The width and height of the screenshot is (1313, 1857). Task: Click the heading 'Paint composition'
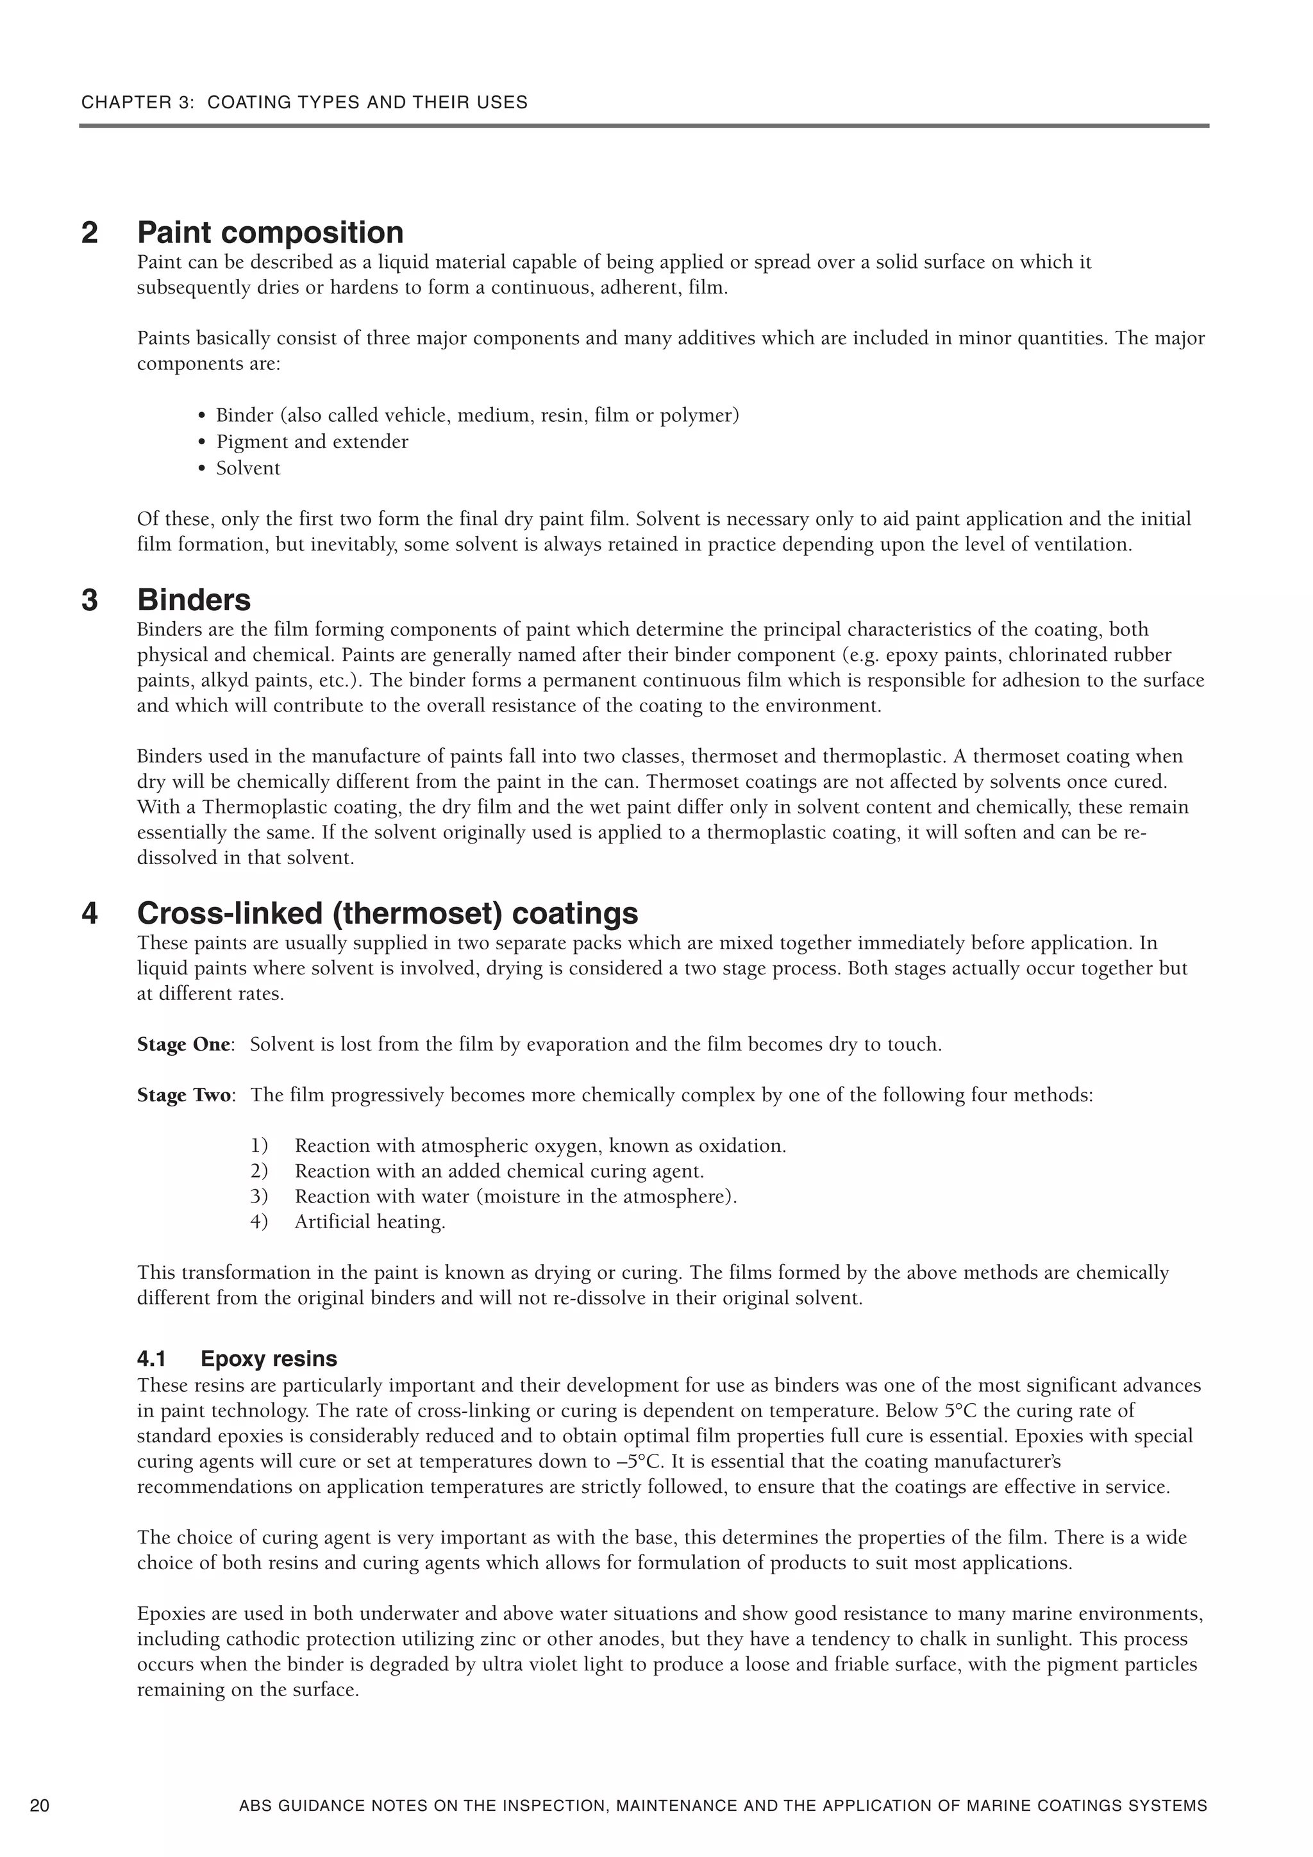[270, 233]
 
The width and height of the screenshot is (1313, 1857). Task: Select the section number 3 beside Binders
[90, 600]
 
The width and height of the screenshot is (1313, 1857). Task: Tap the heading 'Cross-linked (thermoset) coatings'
[387, 913]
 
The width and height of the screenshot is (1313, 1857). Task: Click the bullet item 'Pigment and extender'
[312, 442]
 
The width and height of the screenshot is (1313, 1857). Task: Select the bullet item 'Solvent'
[247, 469]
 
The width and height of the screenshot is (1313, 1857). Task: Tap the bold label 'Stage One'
[183, 1044]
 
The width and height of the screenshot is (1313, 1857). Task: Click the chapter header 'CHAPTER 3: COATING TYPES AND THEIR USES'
[304, 103]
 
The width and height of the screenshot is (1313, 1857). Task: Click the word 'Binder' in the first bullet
[245, 416]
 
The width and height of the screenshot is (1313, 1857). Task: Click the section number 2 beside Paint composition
[90, 233]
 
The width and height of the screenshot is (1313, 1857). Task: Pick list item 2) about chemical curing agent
[499, 1171]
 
